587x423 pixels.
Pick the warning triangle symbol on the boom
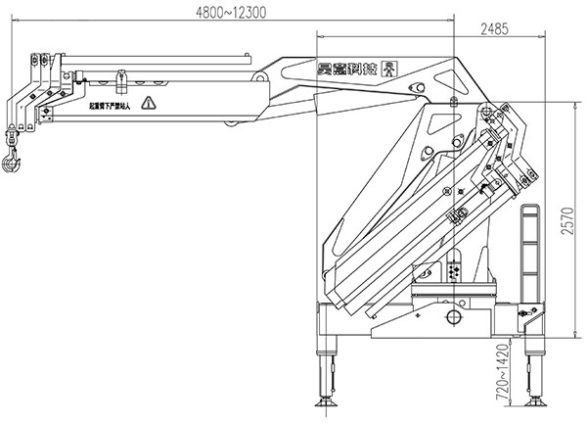tap(148, 103)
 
